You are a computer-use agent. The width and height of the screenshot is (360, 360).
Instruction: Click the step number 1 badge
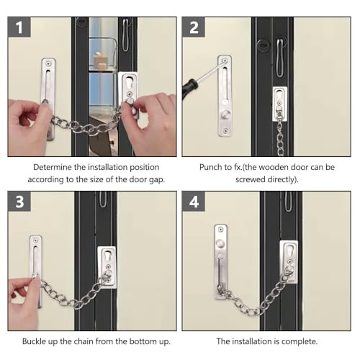(x=19, y=27)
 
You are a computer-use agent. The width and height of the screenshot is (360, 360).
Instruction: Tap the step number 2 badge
(x=194, y=27)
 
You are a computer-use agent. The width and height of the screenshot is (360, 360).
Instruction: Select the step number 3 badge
(x=19, y=201)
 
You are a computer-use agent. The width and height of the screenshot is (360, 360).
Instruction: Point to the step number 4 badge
(x=194, y=201)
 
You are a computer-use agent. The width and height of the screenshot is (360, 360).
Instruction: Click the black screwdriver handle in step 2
(x=189, y=87)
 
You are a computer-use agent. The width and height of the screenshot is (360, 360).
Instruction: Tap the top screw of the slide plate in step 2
(x=225, y=60)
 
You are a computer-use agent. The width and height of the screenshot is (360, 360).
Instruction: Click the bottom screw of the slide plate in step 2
(x=225, y=131)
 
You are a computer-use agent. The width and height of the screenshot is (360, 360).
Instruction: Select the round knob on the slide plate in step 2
(x=225, y=114)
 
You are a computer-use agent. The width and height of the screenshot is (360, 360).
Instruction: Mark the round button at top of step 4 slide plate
(x=220, y=243)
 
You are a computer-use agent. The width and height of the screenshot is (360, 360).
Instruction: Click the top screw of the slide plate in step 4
(x=220, y=230)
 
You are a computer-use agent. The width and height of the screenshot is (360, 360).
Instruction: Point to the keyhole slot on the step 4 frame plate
(x=289, y=251)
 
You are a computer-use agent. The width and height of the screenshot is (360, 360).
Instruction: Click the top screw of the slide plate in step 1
(x=49, y=63)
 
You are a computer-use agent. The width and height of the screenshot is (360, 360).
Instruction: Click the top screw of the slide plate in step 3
(x=36, y=240)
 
